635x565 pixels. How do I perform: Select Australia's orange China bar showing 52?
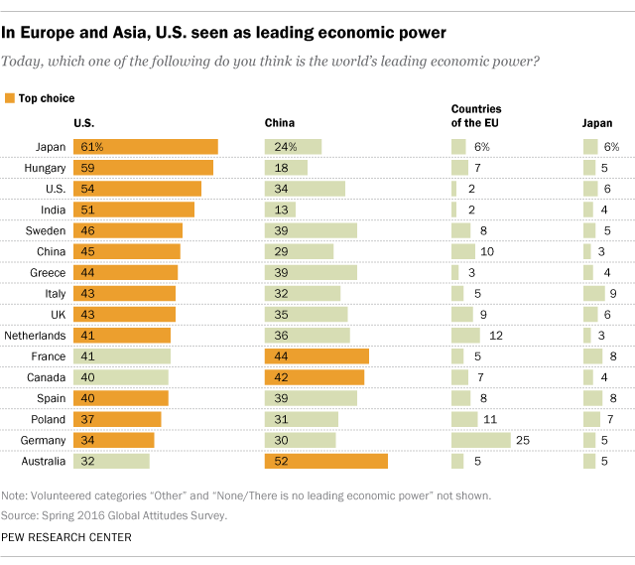coord(325,461)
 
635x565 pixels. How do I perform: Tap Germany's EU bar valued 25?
coord(480,440)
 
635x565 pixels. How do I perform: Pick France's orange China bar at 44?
coord(317,356)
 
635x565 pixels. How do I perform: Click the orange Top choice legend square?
coord(10,98)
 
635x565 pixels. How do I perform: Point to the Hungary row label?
coord(45,168)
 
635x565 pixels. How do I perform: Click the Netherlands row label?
coord(36,336)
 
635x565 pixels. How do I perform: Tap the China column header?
coord(279,123)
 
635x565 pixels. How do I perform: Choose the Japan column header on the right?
coord(597,123)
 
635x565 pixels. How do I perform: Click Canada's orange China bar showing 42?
coord(315,377)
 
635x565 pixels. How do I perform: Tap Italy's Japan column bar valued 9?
coord(593,294)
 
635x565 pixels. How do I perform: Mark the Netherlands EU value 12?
coord(496,336)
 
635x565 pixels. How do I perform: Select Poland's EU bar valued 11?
coord(464,419)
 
